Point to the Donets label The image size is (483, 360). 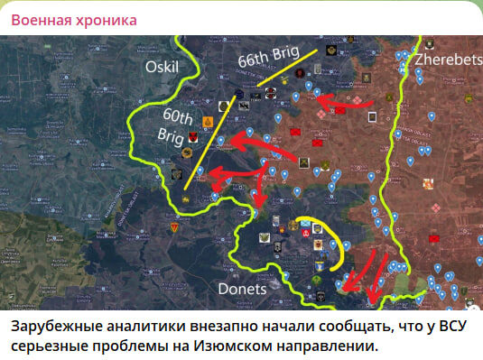tap(243, 289)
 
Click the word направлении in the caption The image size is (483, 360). tap(297, 346)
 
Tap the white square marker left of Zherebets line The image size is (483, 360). tap(372, 116)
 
